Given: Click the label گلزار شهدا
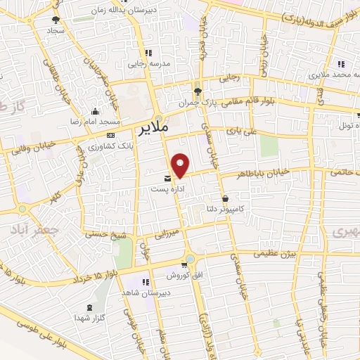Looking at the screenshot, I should pyautogui.click(x=89, y=318).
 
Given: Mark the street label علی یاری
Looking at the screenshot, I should pyautogui.click(x=238, y=131).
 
